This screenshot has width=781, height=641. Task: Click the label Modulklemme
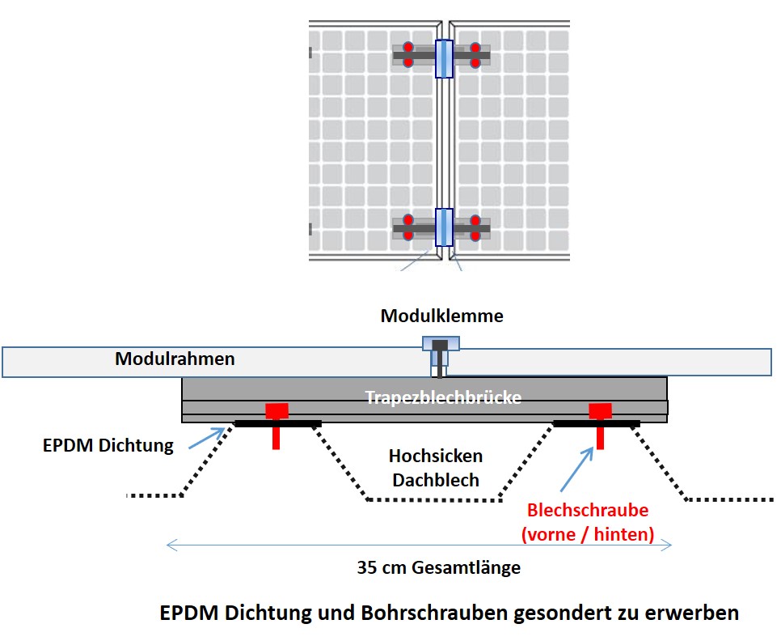[x=441, y=316]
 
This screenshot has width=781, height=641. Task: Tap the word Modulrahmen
[x=175, y=359]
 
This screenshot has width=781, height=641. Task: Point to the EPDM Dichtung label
[x=109, y=444]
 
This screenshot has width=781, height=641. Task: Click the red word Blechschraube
[x=588, y=511]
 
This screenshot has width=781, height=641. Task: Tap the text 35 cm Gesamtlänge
[x=439, y=567]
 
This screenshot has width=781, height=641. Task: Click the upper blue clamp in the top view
[x=444, y=58]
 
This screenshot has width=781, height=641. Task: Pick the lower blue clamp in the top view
[x=444, y=227]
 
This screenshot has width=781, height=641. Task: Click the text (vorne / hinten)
[x=588, y=534]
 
